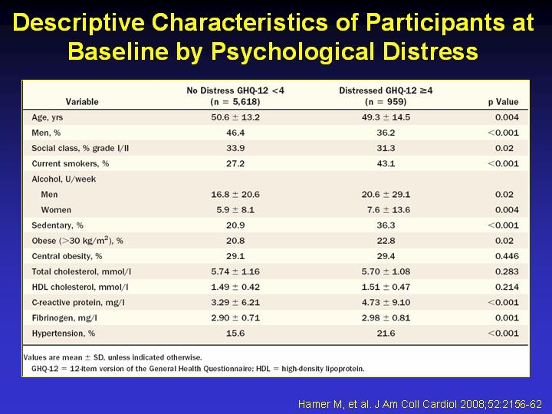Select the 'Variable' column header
82,102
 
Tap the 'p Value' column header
503,102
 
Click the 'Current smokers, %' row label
71,163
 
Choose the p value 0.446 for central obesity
507,255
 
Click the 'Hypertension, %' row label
64,333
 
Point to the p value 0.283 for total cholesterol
507,271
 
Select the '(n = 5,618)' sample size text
235,102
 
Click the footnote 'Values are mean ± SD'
113,357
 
